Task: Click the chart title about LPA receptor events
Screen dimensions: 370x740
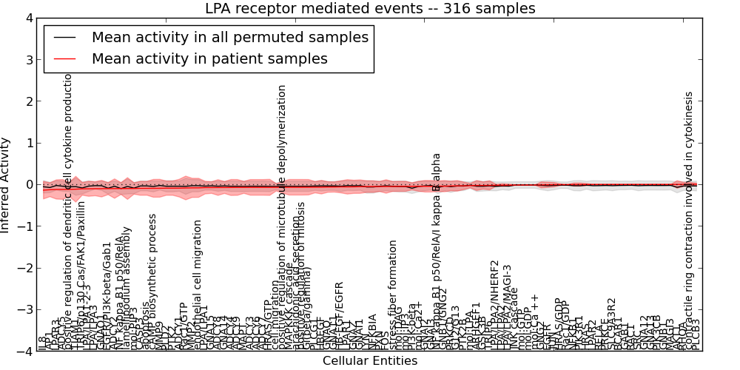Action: (x=370, y=8)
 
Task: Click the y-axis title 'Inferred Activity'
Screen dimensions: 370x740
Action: (x=6, y=185)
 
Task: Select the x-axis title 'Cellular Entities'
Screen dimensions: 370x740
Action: (x=370, y=361)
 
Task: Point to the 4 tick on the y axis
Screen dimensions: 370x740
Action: (x=28, y=18)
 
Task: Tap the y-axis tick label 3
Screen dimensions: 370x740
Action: (x=28, y=59)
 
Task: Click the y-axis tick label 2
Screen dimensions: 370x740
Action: (x=28, y=101)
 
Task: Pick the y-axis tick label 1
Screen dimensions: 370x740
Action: (x=28, y=143)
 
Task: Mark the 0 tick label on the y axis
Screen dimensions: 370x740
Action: (x=28, y=185)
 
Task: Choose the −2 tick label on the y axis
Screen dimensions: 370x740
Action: (x=25, y=269)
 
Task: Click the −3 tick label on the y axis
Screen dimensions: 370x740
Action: (x=25, y=310)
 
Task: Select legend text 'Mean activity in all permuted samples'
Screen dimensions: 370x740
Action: (x=229, y=38)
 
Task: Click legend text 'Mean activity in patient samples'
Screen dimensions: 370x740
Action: (x=209, y=58)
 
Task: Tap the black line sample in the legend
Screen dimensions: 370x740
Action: (x=65, y=38)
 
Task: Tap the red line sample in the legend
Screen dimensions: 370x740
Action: (x=65, y=58)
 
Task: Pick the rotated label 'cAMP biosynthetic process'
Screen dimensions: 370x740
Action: (x=153, y=281)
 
